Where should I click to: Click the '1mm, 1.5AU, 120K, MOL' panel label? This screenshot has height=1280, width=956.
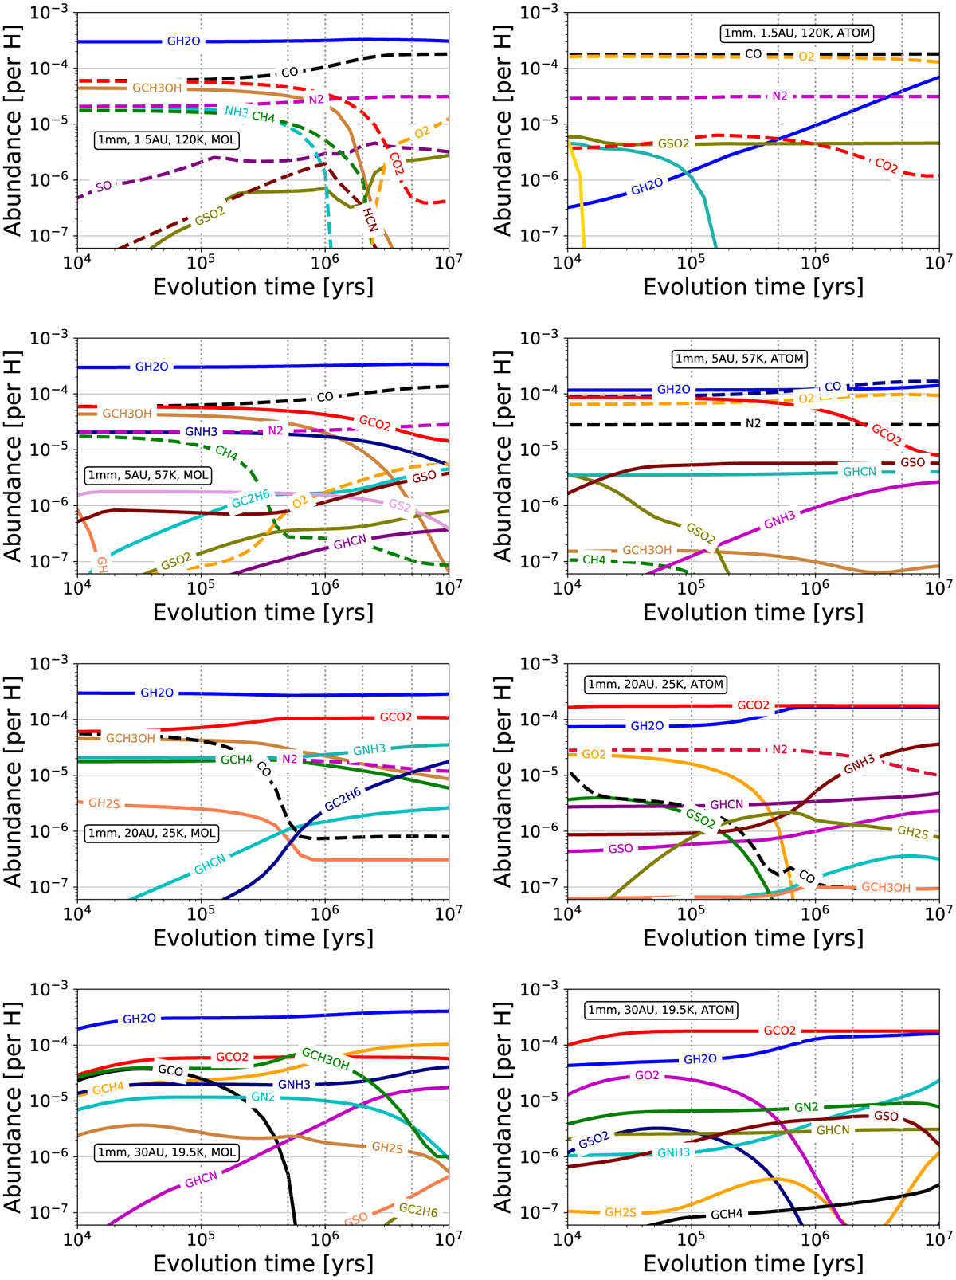(166, 139)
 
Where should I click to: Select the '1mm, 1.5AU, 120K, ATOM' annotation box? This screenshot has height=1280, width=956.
(797, 33)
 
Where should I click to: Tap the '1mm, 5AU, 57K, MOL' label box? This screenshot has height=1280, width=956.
(148, 475)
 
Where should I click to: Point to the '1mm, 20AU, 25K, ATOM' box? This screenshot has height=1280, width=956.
(655, 684)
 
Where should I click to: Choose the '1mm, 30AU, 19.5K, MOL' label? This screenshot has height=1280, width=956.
(167, 1152)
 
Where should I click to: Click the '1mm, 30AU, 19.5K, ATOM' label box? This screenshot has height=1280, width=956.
(660, 1010)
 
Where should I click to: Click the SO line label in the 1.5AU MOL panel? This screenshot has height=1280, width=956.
(104, 187)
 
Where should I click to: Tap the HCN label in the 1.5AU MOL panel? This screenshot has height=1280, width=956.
(370, 218)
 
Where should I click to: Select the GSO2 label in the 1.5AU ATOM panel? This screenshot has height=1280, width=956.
(673, 144)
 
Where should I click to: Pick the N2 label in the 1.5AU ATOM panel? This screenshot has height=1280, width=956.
(779, 96)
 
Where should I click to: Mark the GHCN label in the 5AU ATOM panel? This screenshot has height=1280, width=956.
(860, 472)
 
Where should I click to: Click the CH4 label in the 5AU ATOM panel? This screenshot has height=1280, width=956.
(594, 560)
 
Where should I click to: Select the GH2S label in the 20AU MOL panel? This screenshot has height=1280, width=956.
(104, 803)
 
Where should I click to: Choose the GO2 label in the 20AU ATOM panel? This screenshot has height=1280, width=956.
(594, 754)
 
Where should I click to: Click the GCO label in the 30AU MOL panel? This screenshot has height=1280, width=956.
(170, 1070)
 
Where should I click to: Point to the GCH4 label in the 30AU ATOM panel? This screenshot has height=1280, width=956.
(727, 1214)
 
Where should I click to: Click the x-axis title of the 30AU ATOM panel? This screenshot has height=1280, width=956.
(753, 1263)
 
